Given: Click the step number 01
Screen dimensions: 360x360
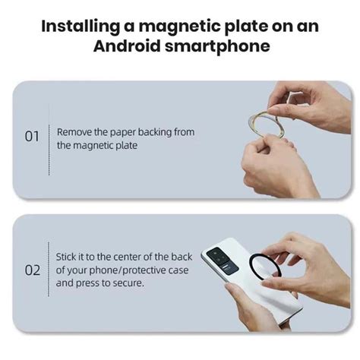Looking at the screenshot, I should click(x=32, y=137).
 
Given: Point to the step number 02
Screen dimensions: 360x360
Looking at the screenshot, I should click(x=32, y=270).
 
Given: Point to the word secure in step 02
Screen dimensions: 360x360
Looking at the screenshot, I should click(x=130, y=283).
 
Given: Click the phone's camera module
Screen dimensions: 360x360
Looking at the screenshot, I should click(x=224, y=260).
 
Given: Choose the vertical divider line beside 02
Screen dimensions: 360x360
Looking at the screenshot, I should click(x=49, y=270).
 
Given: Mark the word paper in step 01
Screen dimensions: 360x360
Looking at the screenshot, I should click(x=122, y=132).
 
